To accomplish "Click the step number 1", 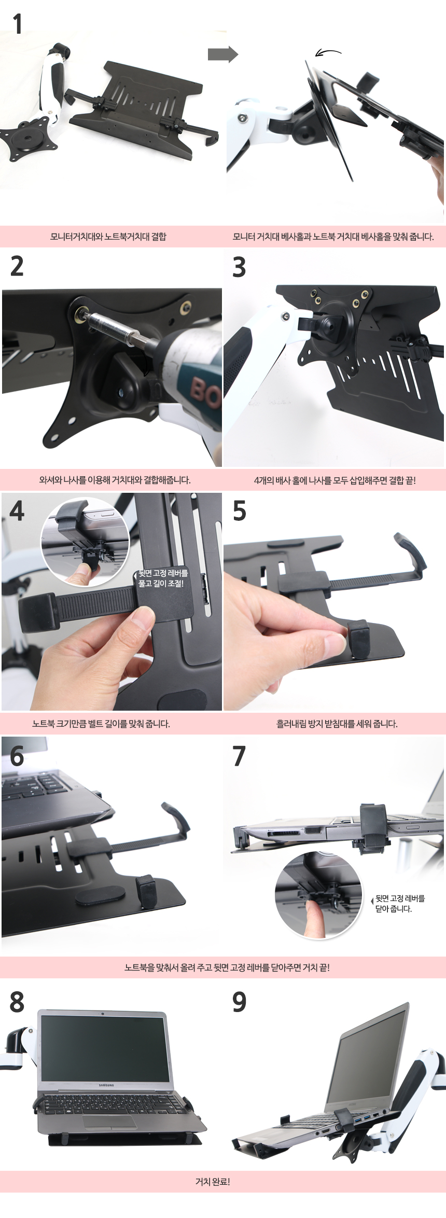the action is pyautogui.click(x=18, y=24).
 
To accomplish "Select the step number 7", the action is pyautogui.click(x=239, y=756).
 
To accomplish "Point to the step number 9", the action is pyautogui.click(x=239, y=1002).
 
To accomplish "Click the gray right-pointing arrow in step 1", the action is pyautogui.click(x=222, y=54).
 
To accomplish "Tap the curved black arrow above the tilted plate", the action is pyautogui.click(x=328, y=52).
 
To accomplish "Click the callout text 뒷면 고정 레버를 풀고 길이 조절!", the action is pyautogui.click(x=163, y=578).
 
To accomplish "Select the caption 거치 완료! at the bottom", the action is pyautogui.click(x=213, y=1192).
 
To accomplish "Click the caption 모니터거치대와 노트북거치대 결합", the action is pyautogui.click(x=108, y=237).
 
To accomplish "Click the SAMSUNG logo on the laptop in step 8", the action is pyautogui.click(x=106, y=1085).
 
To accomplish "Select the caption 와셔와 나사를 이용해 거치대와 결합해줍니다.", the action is pyautogui.click(x=115, y=480).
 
